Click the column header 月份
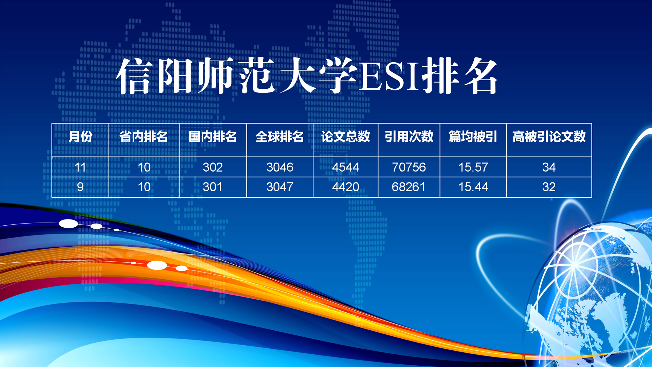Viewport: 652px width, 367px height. point(80,137)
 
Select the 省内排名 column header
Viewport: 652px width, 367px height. point(144,137)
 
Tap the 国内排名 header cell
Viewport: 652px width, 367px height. point(213,137)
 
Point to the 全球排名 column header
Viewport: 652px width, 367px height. point(279,137)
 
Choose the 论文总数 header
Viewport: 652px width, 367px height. point(345,137)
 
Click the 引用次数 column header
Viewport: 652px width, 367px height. point(409,137)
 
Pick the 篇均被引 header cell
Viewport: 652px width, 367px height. point(473,137)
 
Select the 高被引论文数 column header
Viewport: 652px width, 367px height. point(549,137)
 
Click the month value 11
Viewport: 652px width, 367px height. point(80,167)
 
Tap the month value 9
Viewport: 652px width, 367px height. point(80,187)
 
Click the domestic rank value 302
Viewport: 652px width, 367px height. point(213,167)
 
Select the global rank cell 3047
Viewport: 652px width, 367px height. point(279,187)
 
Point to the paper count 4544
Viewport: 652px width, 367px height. point(345,167)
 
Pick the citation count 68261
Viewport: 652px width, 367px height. point(409,187)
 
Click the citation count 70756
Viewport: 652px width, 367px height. point(409,167)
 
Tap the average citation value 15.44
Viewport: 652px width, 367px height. point(473,187)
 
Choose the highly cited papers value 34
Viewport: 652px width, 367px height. point(549,167)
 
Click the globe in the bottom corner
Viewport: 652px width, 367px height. point(591,296)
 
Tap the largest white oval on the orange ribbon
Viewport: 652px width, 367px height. point(157,265)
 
